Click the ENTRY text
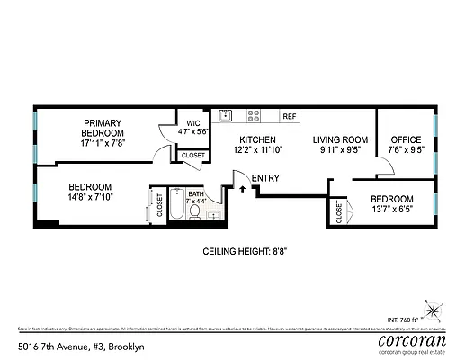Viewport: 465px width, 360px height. point(266,177)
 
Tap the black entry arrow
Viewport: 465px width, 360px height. point(242,188)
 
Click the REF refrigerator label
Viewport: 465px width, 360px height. point(289,116)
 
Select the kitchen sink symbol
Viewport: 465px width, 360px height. point(228,115)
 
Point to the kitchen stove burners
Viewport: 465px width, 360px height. point(255,115)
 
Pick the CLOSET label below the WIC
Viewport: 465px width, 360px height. point(192,156)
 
